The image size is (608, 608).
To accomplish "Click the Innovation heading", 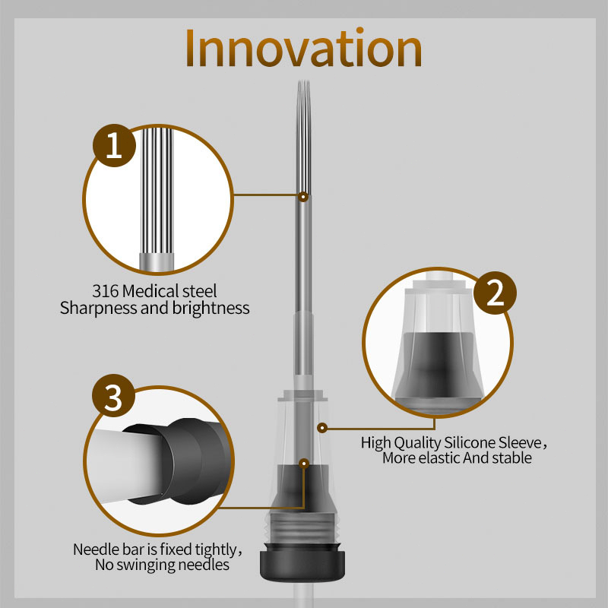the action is pos(303,48).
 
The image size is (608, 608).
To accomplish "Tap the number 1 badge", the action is pos(115,145).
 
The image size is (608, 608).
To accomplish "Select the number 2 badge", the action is pos(495,293).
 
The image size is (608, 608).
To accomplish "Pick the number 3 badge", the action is pos(113,395).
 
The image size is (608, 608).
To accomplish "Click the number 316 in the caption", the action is pos(105,291).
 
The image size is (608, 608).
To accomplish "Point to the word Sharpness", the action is pos(99,309).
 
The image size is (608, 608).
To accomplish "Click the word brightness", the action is pos(211,308).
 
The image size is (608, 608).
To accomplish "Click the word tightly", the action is pos(216,549).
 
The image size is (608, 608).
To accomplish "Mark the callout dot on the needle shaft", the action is pos(303,197).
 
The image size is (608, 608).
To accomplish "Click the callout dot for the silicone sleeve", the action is pos(321,428).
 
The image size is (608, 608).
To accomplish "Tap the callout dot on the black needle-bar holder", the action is pos(305,463).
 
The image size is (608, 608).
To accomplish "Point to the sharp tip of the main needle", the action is pos(303,81).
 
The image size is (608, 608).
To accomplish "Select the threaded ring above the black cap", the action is pos(302,528).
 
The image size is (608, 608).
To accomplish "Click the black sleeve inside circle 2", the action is pos(439,370).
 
